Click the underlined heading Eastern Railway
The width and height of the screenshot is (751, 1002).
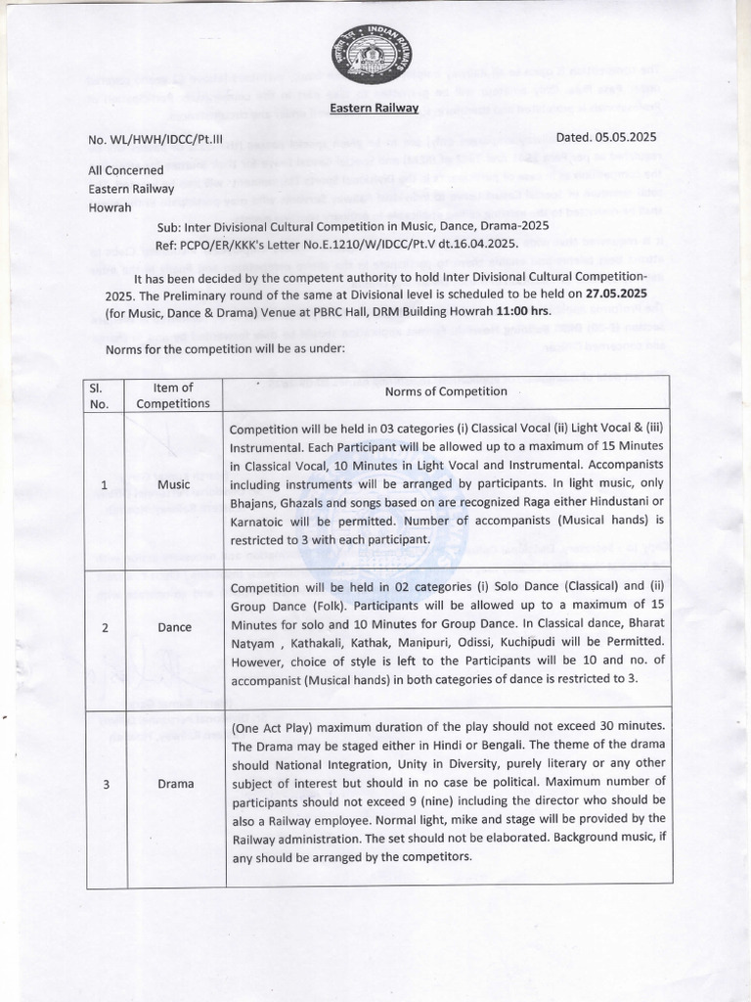tap(375, 108)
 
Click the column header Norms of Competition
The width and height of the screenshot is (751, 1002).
tap(445, 391)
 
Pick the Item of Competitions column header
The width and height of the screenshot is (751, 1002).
tap(173, 395)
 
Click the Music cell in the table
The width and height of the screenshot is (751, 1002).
tap(173, 484)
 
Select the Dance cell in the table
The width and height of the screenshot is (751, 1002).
tap(173, 627)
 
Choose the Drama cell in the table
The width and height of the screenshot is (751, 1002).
tap(173, 784)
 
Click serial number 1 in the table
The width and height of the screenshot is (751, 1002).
tap(104, 484)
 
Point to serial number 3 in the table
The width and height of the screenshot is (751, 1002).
tap(104, 784)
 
